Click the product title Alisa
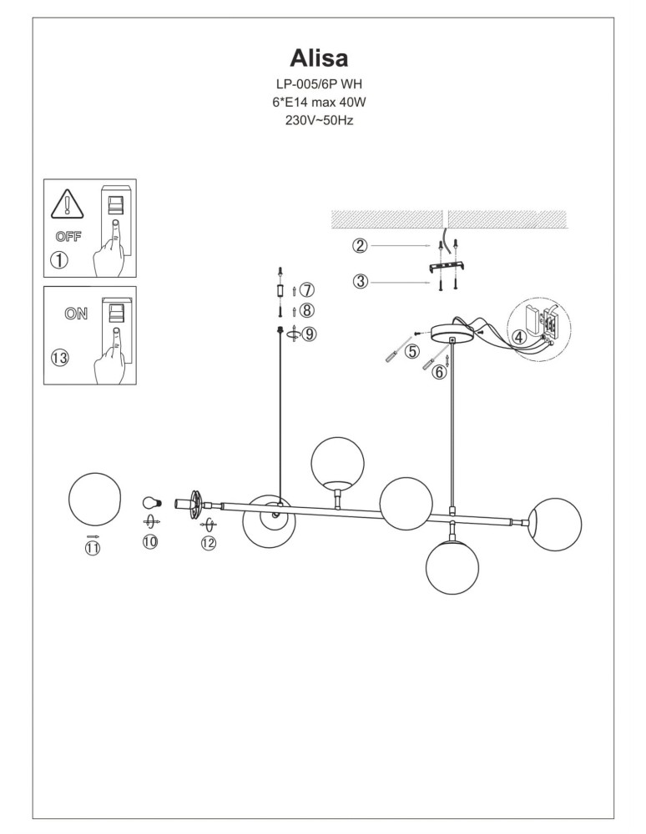tap(319, 57)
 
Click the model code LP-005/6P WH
tap(320, 84)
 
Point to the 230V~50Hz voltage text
tap(320, 120)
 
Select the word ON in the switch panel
tap(75, 314)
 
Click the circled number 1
tap(59, 259)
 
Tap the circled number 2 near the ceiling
tap(360, 245)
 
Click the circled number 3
tap(360, 281)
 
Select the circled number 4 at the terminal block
tap(518, 338)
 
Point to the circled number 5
tap(411, 351)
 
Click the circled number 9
tap(309, 334)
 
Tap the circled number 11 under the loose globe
tap(92, 547)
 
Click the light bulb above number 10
tap(151, 502)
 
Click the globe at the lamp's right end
tap(555, 525)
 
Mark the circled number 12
tap(208, 543)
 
